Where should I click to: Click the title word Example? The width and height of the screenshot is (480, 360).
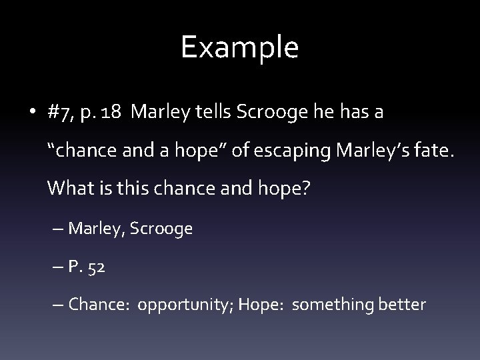point(239,48)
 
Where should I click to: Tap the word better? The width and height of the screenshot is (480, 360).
point(399,305)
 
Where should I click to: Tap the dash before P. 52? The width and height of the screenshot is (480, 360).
point(55,267)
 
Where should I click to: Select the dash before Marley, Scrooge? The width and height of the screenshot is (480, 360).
point(55,229)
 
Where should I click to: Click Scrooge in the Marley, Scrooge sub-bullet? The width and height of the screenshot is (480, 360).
point(161,229)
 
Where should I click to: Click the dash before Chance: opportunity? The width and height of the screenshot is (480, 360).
point(55,305)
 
